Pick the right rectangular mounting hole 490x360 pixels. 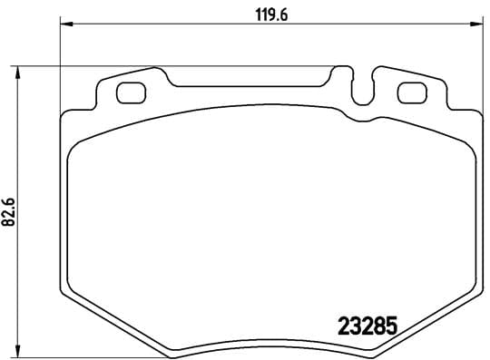412,92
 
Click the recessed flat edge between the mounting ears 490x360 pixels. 254,86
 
